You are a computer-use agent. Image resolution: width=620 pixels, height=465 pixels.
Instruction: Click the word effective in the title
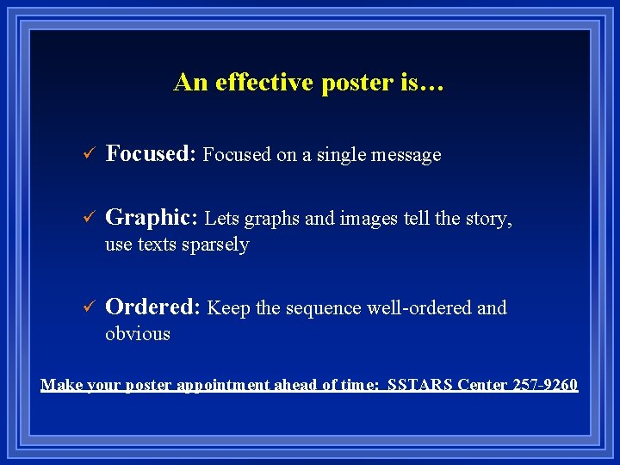coord(259,83)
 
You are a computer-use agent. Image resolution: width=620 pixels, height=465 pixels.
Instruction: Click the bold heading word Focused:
coord(152,154)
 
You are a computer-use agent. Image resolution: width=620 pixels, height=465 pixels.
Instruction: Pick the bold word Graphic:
coord(152,219)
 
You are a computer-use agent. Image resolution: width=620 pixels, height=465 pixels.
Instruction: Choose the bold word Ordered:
coord(152,307)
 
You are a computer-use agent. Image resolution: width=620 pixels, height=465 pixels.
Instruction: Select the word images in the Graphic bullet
coord(369,220)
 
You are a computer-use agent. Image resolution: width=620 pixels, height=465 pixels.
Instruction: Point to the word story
coord(487,220)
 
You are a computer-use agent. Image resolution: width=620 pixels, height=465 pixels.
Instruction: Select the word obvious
coord(138,334)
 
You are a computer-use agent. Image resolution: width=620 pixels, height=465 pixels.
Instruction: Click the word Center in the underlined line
coord(484,384)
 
